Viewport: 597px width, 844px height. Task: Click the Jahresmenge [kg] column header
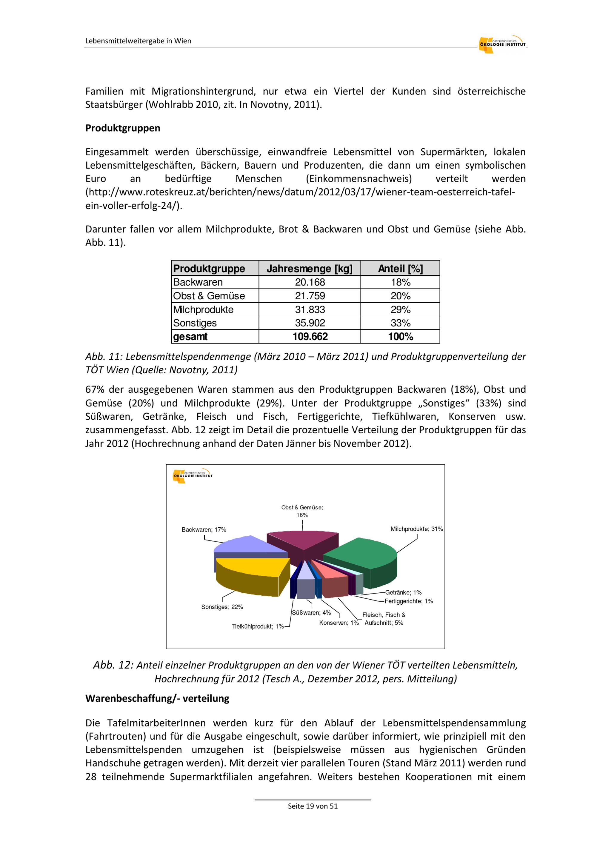(310, 269)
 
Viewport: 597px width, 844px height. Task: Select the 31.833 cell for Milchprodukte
(310, 309)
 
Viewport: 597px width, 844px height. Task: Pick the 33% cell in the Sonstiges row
(400, 323)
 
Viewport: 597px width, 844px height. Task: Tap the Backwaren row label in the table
(198, 282)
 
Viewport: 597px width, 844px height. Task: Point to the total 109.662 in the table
(310, 337)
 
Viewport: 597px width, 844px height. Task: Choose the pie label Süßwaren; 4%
(311, 613)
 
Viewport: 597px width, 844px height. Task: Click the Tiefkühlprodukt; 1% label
(258, 626)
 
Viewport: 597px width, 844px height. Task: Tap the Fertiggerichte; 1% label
(409, 601)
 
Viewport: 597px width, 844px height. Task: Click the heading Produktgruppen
(123, 128)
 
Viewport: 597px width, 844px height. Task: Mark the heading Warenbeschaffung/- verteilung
(157, 698)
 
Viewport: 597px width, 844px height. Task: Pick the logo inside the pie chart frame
(193, 475)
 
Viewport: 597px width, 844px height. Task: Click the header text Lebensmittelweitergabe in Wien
(138, 41)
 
